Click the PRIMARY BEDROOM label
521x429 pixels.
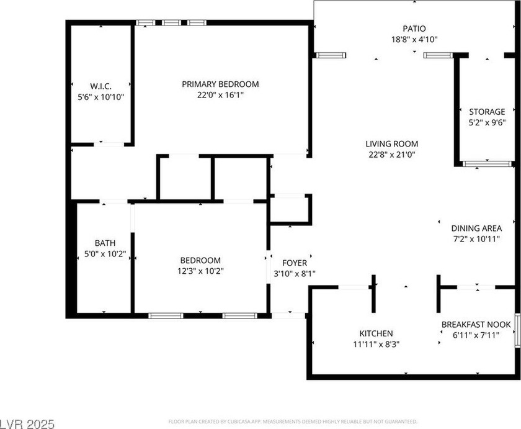pyautogui.click(x=220, y=84)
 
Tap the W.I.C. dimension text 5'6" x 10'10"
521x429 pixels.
pyautogui.click(x=100, y=97)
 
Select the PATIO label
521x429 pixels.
pyautogui.click(x=414, y=29)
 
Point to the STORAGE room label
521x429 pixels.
pyautogui.click(x=487, y=112)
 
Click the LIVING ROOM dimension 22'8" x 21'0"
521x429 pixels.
pyautogui.click(x=392, y=155)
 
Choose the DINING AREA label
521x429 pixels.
pyautogui.click(x=476, y=228)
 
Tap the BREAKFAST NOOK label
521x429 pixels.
pyautogui.click(x=476, y=325)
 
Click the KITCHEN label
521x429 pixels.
pyautogui.click(x=376, y=333)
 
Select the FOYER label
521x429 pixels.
pyautogui.click(x=295, y=263)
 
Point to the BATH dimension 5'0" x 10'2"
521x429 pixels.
pyautogui.click(x=105, y=254)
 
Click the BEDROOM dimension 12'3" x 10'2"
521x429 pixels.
pyautogui.click(x=200, y=271)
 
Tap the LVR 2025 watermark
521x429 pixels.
pyautogui.click(x=27, y=424)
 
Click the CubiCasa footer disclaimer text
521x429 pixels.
pyautogui.click(x=293, y=422)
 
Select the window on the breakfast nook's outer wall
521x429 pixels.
pyautogui.click(x=518, y=330)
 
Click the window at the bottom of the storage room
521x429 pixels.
pyautogui.click(x=487, y=164)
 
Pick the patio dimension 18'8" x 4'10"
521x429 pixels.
pyautogui.click(x=414, y=40)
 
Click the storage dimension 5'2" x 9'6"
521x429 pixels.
pyautogui.click(x=487, y=123)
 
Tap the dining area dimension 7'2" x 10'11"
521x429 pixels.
pyautogui.click(x=476, y=239)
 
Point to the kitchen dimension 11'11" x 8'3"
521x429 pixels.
pyautogui.click(x=376, y=344)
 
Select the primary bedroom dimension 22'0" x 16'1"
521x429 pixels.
pyautogui.click(x=220, y=95)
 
